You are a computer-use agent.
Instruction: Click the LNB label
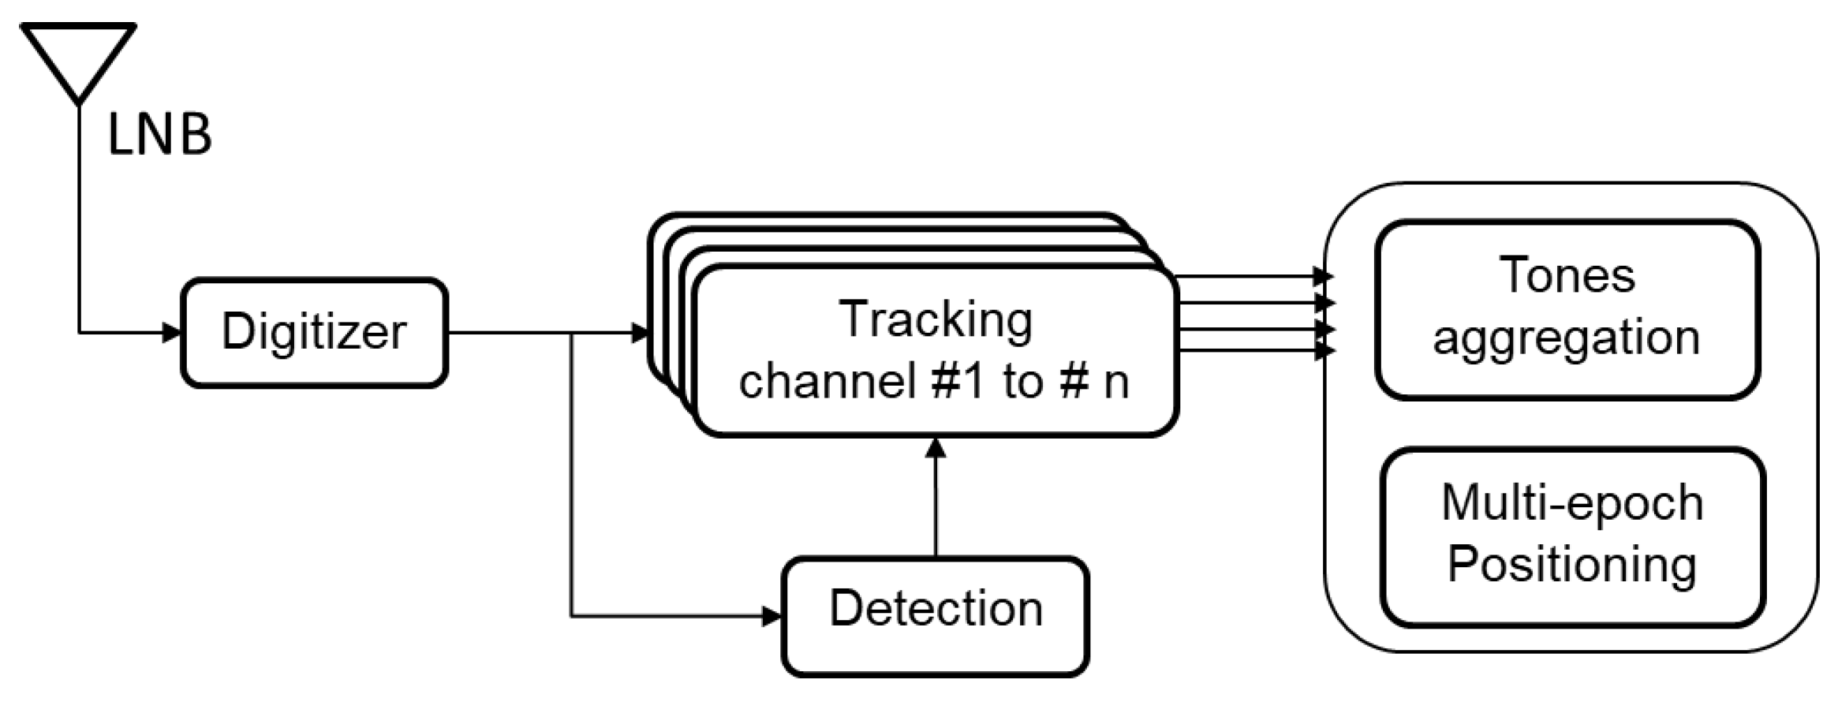159,136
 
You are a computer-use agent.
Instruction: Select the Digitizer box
314,332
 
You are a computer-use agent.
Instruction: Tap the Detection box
936,616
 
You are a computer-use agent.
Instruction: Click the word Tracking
936,319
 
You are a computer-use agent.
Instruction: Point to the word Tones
1567,275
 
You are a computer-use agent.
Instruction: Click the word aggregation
1567,338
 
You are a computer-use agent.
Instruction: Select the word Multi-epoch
1572,502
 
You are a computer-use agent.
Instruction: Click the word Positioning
1572,565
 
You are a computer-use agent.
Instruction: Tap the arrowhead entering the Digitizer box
172,332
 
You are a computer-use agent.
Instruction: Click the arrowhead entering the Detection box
771,616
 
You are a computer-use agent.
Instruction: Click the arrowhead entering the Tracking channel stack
641,333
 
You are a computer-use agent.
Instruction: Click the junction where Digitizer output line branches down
572,333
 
